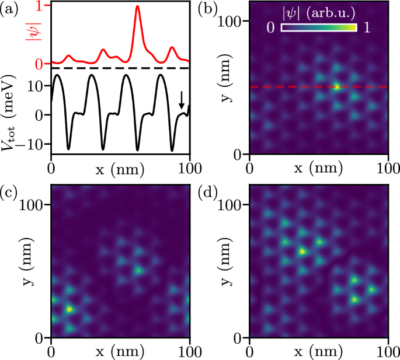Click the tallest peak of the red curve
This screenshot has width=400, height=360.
point(137,7)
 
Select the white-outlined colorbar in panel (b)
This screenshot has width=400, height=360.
point(319,28)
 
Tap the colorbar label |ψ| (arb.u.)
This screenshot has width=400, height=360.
point(318,12)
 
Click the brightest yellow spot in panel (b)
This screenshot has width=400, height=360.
point(337,87)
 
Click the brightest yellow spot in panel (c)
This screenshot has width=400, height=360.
point(69,309)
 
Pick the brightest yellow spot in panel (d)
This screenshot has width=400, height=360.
point(302,251)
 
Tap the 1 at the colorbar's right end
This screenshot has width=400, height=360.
point(366,27)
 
